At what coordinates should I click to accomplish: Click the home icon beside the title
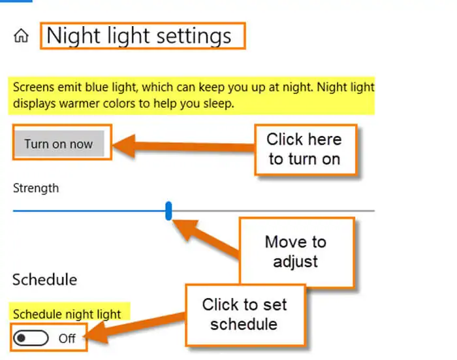(x=22, y=36)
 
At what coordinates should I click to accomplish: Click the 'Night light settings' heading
(x=138, y=36)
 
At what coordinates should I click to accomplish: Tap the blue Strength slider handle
(x=168, y=210)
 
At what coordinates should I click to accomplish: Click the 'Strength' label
(x=36, y=188)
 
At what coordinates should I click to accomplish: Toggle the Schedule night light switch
(x=31, y=338)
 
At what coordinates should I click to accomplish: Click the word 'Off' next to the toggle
(x=67, y=338)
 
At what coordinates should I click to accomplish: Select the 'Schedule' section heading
(x=44, y=280)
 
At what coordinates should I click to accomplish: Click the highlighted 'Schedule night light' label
(x=67, y=314)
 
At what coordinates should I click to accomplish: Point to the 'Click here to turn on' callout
(x=306, y=150)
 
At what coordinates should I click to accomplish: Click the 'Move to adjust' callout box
(x=296, y=252)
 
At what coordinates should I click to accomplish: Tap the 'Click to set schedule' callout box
(x=245, y=314)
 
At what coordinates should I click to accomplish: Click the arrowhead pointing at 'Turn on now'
(x=124, y=146)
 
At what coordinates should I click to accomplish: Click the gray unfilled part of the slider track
(x=273, y=210)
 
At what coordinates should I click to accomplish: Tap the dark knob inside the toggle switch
(x=22, y=338)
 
